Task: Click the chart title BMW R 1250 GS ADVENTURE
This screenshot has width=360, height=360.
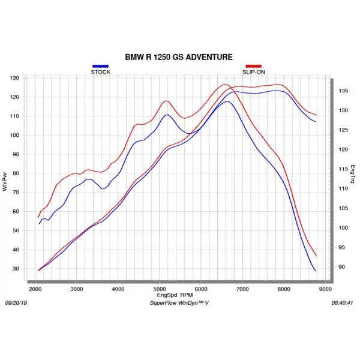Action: (179, 57)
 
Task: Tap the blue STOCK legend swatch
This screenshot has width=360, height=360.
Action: (100, 66)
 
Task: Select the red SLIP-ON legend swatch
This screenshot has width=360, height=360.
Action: (253, 66)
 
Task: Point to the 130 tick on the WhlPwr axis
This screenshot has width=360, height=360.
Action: (14, 78)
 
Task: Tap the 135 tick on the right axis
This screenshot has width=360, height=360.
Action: (343, 91)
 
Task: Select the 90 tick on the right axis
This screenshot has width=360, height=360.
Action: (341, 267)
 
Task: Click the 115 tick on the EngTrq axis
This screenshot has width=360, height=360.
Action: (343, 169)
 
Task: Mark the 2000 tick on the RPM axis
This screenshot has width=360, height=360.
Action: (35, 289)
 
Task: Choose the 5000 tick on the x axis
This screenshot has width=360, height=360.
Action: (160, 289)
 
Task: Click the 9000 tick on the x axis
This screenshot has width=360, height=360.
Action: (325, 289)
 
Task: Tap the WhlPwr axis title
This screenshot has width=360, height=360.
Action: (5, 181)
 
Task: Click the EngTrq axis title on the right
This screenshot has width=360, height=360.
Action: (353, 174)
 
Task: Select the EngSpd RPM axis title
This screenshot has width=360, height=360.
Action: (175, 295)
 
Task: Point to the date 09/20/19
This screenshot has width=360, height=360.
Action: (16, 303)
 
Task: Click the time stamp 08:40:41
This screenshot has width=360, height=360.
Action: (342, 303)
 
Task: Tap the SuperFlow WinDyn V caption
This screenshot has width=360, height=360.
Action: (179, 303)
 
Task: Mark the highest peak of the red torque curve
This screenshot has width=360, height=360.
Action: (225, 84)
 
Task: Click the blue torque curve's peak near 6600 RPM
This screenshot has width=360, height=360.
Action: (227, 101)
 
